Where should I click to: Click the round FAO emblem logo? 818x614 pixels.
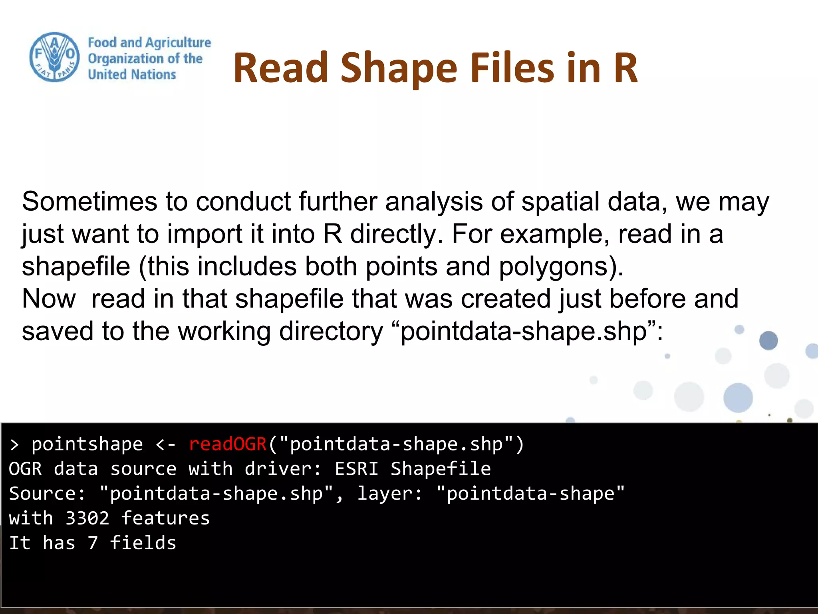[55, 57]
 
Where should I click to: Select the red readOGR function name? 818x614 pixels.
[228, 444]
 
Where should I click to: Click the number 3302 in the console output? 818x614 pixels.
[87, 518]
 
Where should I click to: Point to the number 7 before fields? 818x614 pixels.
[93, 543]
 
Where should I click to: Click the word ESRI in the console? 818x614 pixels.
[357, 469]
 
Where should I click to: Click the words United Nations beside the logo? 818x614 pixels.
[132, 75]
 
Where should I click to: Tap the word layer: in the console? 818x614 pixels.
[390, 494]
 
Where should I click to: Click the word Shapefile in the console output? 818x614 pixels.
[441, 469]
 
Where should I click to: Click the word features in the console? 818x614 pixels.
[165, 518]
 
